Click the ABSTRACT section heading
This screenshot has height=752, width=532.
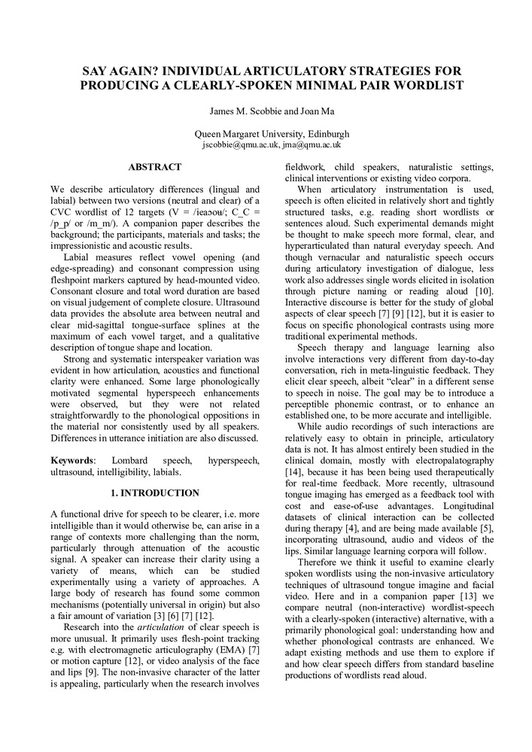(154, 167)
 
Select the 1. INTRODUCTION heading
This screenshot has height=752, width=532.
(154, 493)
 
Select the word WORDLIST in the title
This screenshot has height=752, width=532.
(427, 86)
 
